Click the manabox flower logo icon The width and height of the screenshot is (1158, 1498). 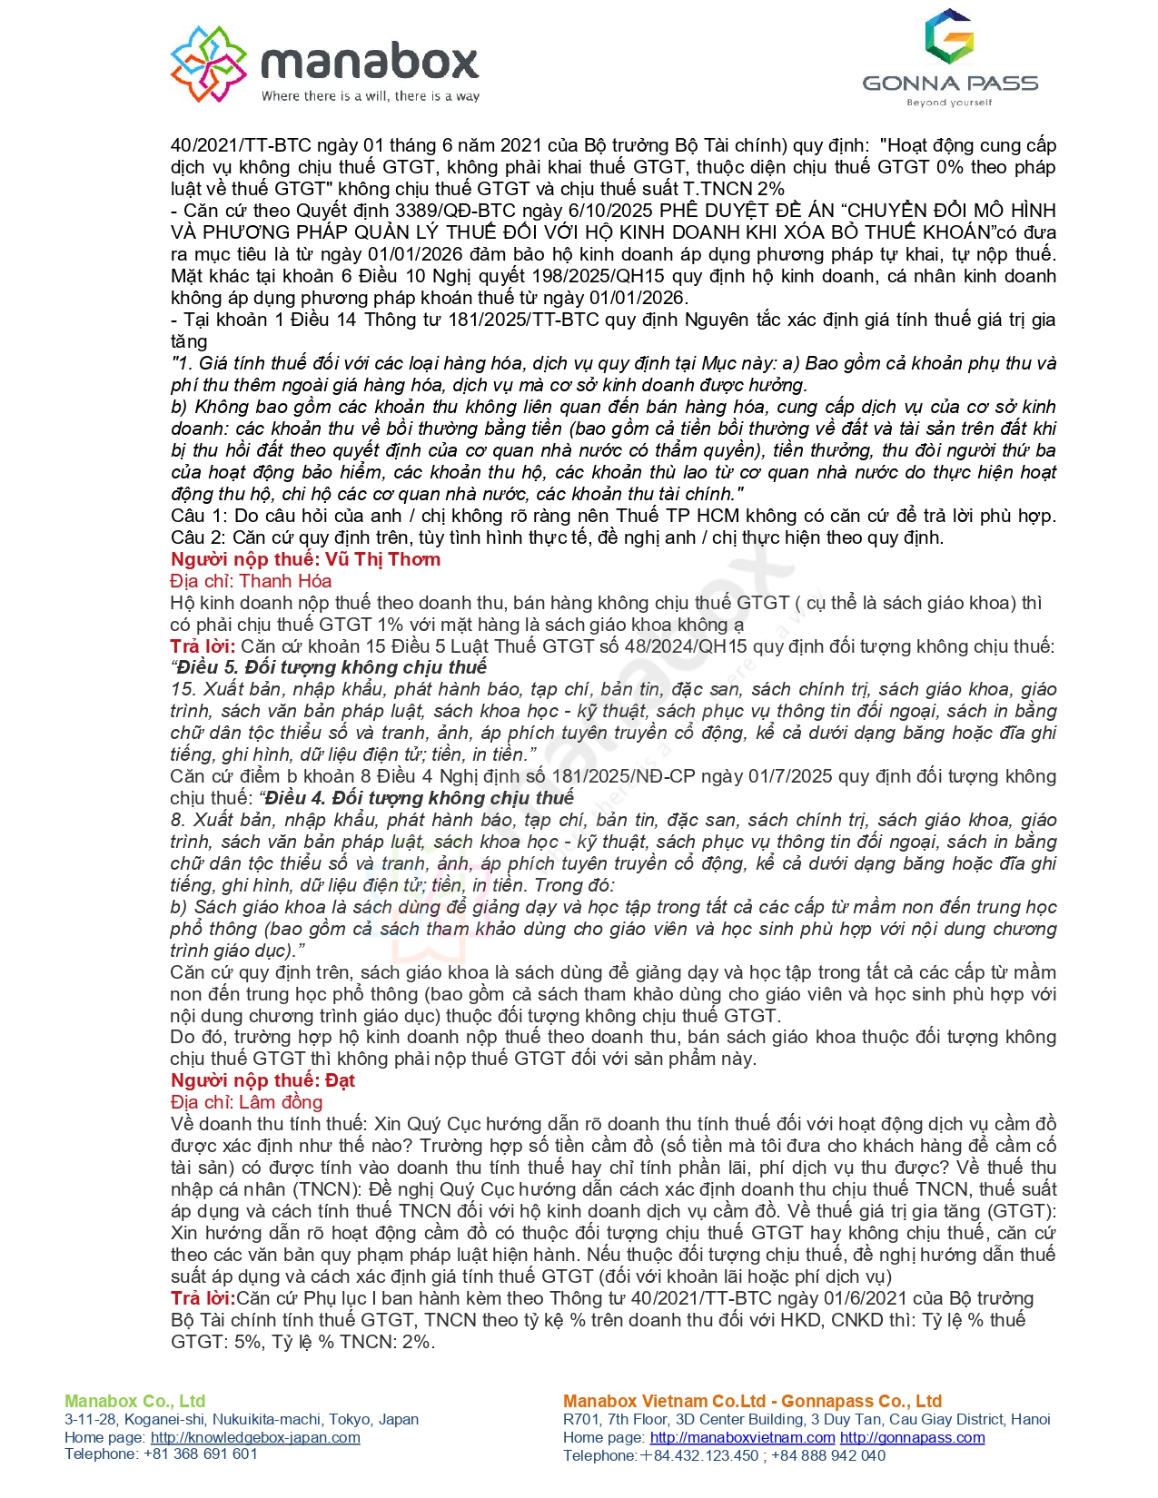[x=209, y=64]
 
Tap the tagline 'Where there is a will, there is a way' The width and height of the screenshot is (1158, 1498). [x=371, y=96]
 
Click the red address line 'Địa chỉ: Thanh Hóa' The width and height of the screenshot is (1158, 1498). [x=251, y=581]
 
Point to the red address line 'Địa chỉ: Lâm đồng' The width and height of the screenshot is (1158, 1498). [x=246, y=1102]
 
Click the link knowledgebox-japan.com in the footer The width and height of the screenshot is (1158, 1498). [x=255, y=1437]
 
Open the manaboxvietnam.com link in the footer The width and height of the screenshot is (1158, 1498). [x=742, y=1437]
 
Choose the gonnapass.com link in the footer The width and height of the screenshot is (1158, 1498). [x=912, y=1437]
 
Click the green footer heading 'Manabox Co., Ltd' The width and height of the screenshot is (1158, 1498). [x=135, y=1401]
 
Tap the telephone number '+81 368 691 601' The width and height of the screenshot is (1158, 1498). [x=201, y=1454]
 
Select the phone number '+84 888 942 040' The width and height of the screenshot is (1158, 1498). [x=828, y=1455]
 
